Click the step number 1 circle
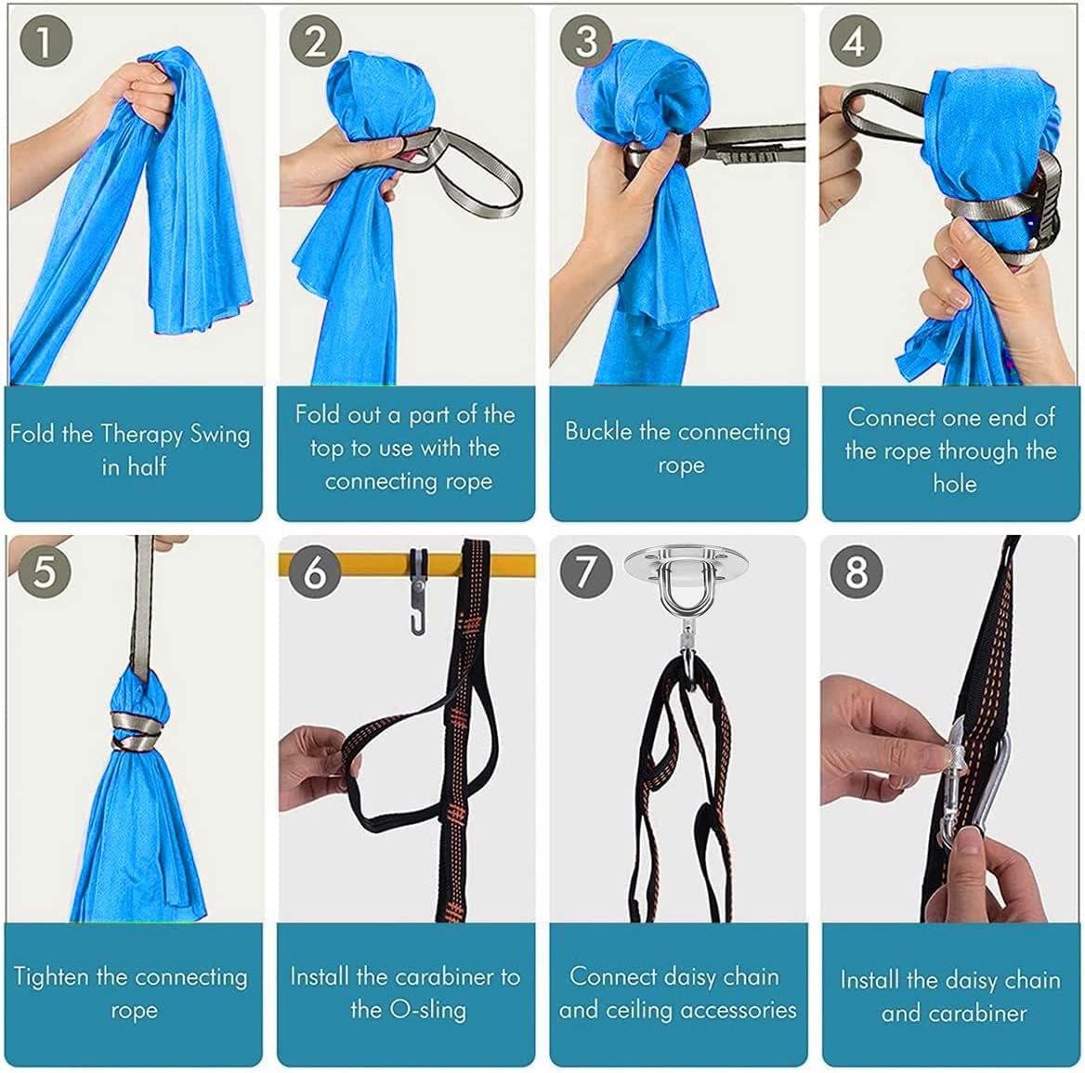click(44, 44)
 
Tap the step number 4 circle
click(855, 42)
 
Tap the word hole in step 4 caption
click(954, 483)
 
